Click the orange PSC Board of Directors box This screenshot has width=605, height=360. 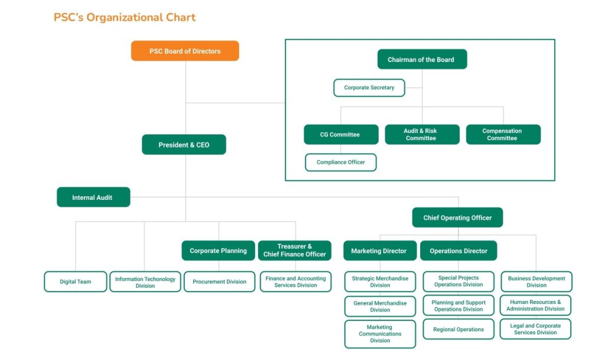click(x=185, y=51)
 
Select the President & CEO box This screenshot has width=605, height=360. click(x=184, y=145)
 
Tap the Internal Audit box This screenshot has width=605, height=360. click(x=93, y=197)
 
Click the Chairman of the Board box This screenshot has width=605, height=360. click(x=422, y=60)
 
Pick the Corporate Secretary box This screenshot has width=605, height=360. click(x=369, y=87)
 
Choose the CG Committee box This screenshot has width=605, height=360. click(x=341, y=134)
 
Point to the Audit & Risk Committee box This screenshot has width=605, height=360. click(x=422, y=134)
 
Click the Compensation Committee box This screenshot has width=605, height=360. click(x=503, y=134)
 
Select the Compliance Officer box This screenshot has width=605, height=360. click(x=341, y=162)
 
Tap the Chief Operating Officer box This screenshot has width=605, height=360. click(x=458, y=218)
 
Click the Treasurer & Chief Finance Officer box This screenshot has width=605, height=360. click(x=295, y=251)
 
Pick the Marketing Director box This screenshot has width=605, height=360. click(x=380, y=251)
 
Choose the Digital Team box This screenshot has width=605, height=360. click(x=76, y=281)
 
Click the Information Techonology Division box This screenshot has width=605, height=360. click(x=145, y=281)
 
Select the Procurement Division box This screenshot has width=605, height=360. click(x=220, y=281)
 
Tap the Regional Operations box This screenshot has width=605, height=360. click(x=458, y=329)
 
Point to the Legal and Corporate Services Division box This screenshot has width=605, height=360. click(x=535, y=329)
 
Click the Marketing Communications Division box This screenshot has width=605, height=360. click(x=380, y=334)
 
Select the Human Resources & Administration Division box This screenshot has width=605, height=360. click(x=535, y=305)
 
